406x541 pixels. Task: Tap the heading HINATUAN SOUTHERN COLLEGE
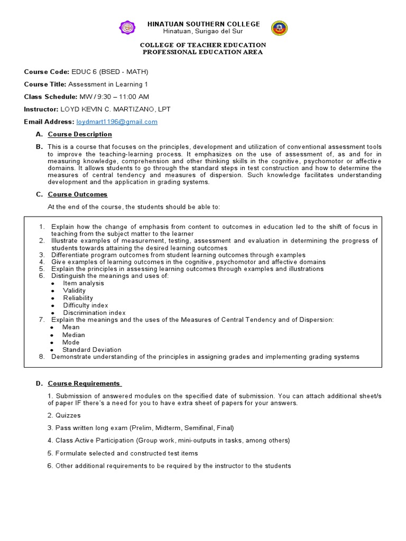tap(204, 24)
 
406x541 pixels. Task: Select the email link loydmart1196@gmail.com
tap(117, 122)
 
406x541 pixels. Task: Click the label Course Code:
tap(47, 71)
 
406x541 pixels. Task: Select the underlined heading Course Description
tap(80, 134)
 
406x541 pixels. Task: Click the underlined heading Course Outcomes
tap(77, 194)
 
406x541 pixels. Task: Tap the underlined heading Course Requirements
tap(84, 384)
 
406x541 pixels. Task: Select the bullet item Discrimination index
tap(94, 313)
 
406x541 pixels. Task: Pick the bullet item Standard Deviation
tap(91, 350)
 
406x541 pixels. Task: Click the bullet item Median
tap(73, 335)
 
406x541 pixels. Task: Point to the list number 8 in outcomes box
tap(42, 357)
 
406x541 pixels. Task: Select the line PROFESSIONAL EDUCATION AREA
tap(203, 52)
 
